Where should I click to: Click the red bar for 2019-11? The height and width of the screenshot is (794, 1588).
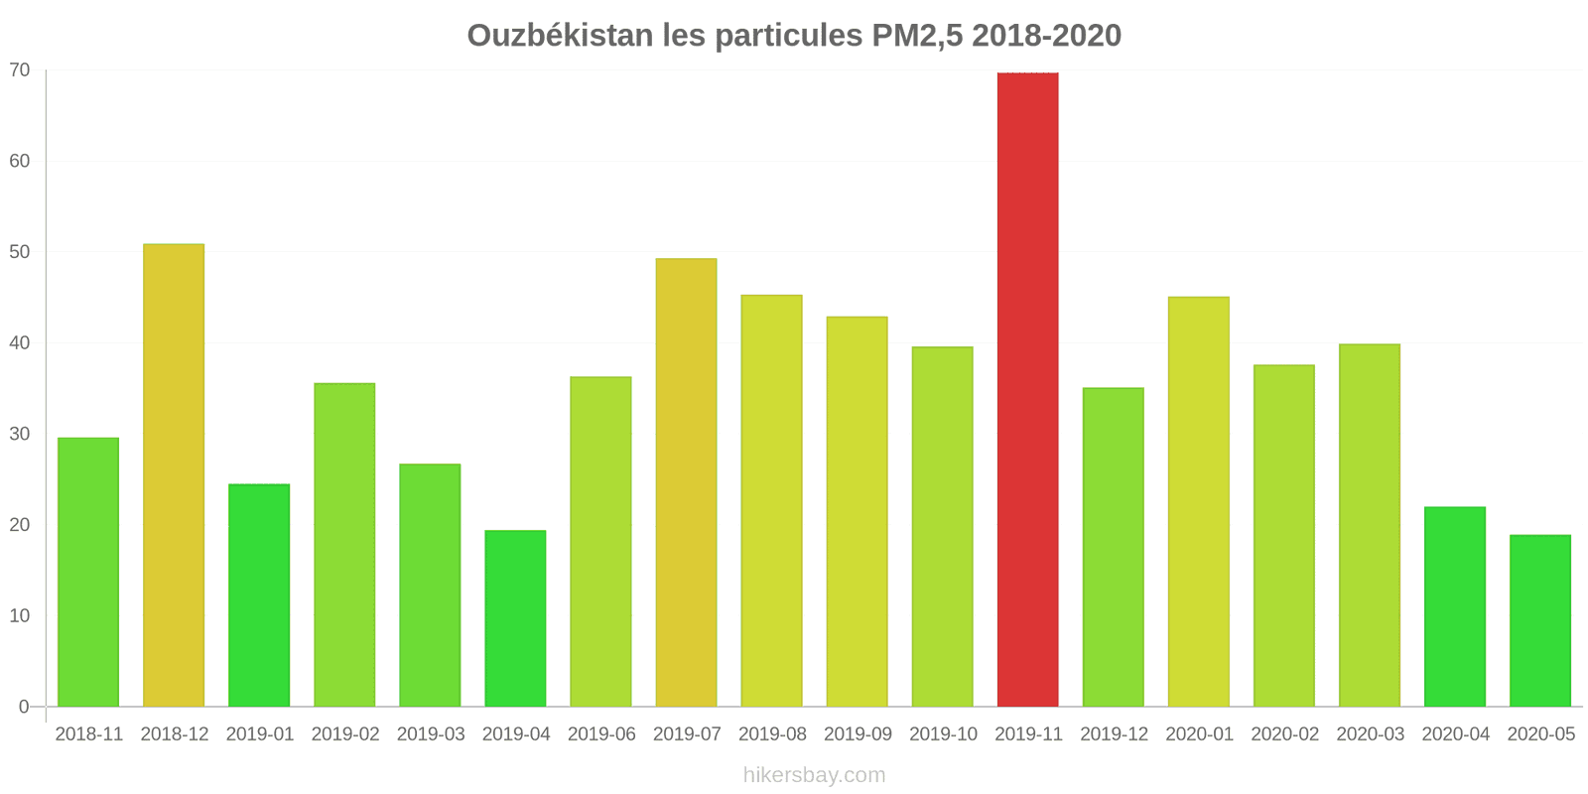pyautogui.click(x=1027, y=389)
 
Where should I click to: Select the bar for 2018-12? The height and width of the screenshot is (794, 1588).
pyautogui.click(x=174, y=475)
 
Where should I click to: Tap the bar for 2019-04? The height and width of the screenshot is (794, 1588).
pyautogui.click(x=515, y=618)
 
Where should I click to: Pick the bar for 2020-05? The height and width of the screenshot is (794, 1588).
pyautogui.click(x=1539, y=620)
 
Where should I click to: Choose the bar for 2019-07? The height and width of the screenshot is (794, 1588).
pyautogui.click(x=686, y=482)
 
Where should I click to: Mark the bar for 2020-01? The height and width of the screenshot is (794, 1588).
pyautogui.click(x=1198, y=501)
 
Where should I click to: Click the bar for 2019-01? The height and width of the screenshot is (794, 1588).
pyautogui.click(x=259, y=595)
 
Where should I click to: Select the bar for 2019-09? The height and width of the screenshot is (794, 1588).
pyautogui.click(x=857, y=511)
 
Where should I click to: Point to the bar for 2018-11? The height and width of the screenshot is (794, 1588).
pyautogui.click(x=88, y=572)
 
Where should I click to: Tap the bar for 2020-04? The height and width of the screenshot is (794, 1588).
pyautogui.click(x=1454, y=606)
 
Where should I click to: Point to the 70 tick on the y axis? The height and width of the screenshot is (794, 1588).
pyautogui.click(x=20, y=70)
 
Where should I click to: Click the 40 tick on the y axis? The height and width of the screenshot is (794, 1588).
pyautogui.click(x=20, y=343)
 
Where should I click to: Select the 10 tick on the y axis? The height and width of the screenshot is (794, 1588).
pyautogui.click(x=20, y=616)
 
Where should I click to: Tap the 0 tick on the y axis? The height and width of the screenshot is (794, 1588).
pyautogui.click(x=24, y=707)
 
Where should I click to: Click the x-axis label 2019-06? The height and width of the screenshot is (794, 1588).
pyautogui.click(x=601, y=734)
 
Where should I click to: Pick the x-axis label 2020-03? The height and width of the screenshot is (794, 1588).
pyautogui.click(x=1370, y=734)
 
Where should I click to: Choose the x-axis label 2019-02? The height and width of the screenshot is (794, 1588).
pyautogui.click(x=345, y=734)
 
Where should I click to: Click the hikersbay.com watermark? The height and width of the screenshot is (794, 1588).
pyautogui.click(x=814, y=775)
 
